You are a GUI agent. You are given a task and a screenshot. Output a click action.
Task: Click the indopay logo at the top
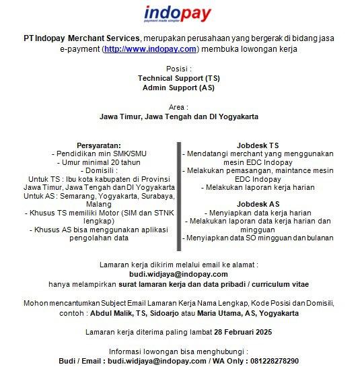click(x=178, y=15)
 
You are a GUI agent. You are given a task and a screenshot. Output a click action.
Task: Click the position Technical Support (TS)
click(x=178, y=78)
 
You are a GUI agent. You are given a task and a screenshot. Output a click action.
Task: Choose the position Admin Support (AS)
click(x=178, y=88)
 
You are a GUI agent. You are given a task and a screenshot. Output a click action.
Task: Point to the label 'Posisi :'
click(x=178, y=69)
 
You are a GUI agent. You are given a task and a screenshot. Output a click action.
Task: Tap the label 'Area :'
click(x=178, y=107)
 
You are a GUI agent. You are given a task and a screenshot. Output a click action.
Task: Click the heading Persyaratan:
click(x=99, y=145)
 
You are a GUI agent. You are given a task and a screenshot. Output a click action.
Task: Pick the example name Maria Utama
click(x=215, y=313)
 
